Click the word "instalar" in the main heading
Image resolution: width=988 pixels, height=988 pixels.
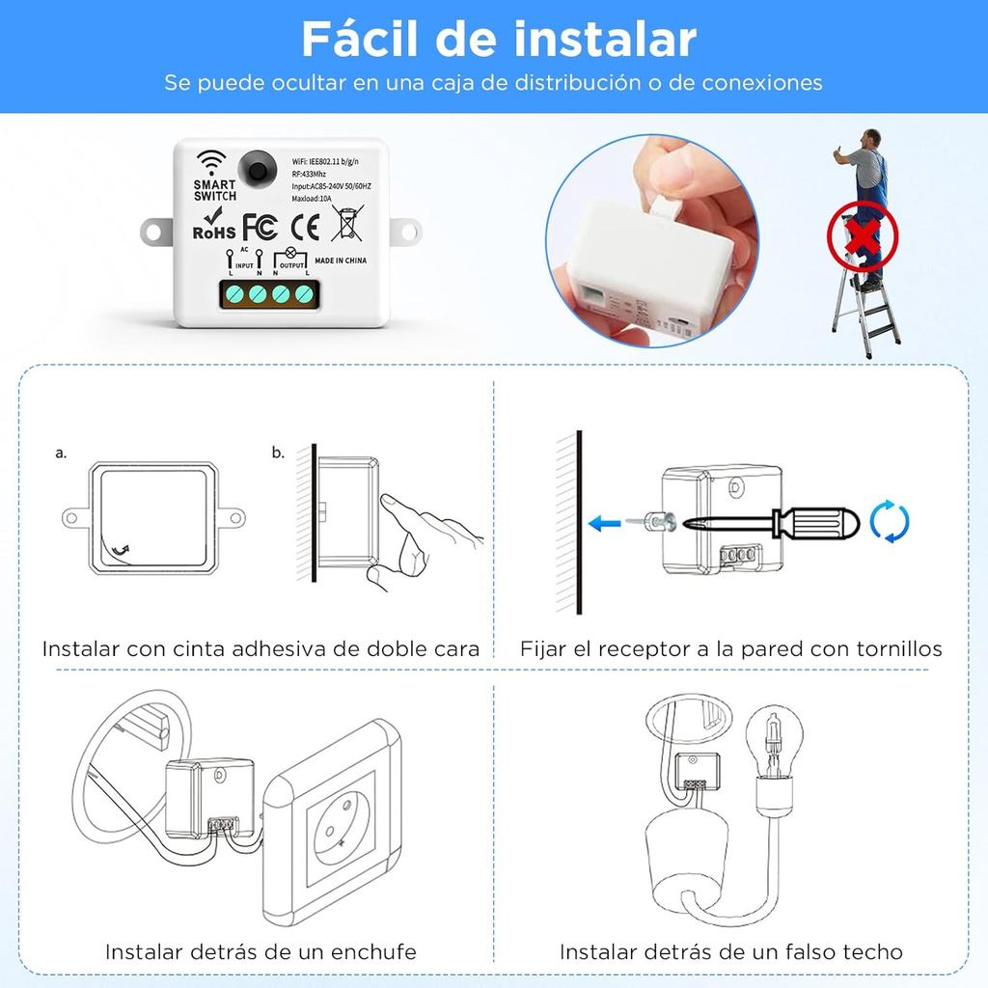[606, 39]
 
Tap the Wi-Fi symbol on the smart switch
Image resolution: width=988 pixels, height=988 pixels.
[210, 162]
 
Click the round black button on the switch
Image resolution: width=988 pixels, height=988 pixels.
[257, 170]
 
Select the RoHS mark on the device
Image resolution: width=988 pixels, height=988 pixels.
[214, 224]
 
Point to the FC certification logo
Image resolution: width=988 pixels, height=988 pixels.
[261, 227]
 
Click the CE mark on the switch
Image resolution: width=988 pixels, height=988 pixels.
[305, 227]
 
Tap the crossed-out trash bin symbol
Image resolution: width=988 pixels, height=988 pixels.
[347, 223]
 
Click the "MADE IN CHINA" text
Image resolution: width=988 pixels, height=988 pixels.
[341, 261]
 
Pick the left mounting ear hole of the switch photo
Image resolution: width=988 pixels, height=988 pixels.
[153, 232]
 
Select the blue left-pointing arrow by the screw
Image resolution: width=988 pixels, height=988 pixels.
[604, 523]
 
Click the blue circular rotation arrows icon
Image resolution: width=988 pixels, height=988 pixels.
[890, 521]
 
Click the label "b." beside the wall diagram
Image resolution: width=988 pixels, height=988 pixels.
[279, 453]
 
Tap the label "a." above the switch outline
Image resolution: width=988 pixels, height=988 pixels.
[61, 453]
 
